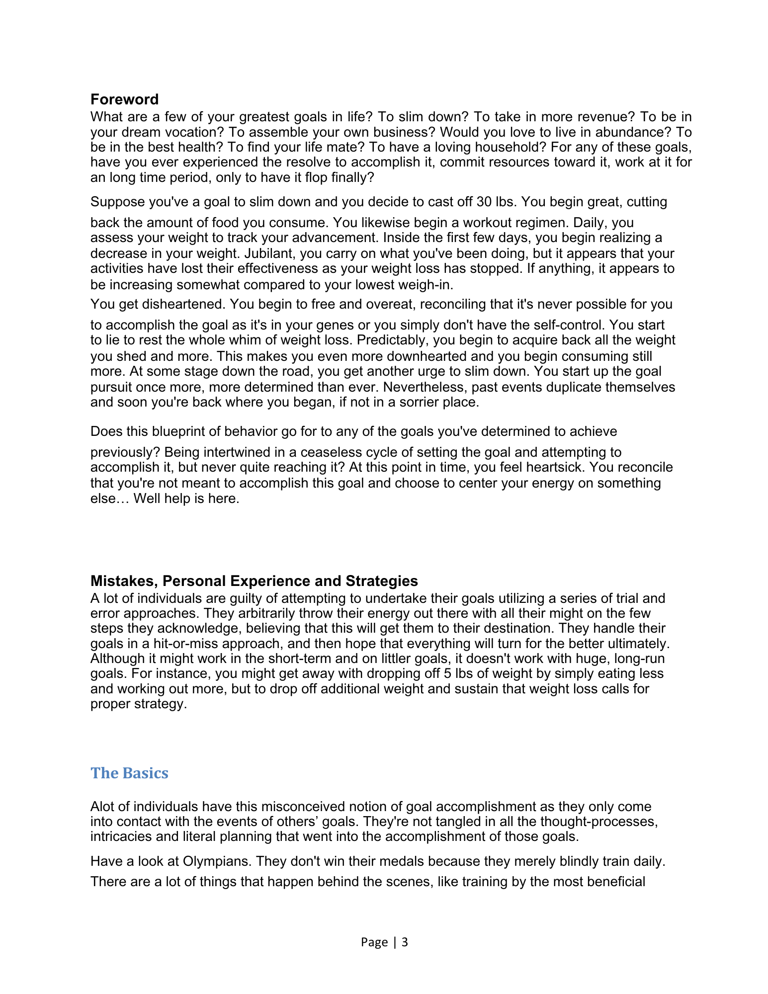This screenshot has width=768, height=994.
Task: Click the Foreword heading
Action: [124, 99]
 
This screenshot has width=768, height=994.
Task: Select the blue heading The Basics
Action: [129, 773]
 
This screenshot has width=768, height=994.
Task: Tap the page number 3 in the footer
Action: [405, 942]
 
